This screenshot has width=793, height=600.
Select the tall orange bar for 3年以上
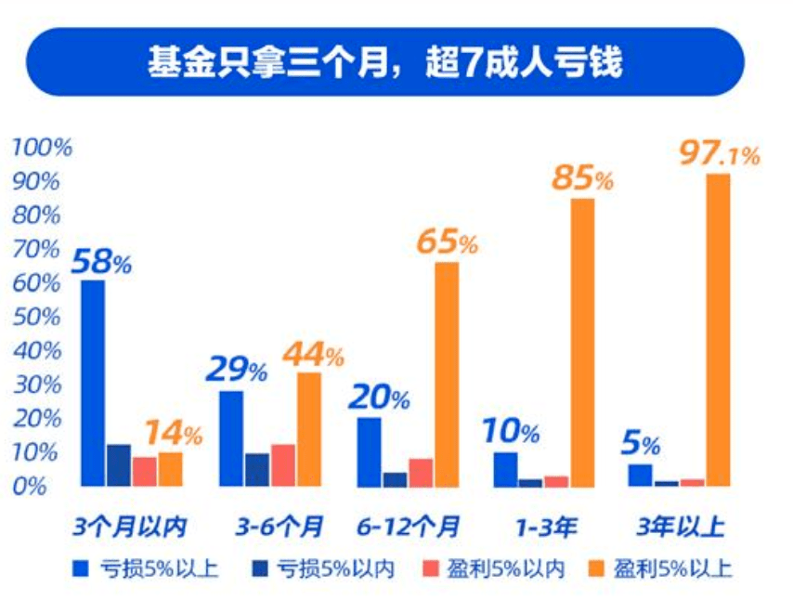tap(718, 330)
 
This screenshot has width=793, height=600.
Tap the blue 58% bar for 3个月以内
tap(93, 383)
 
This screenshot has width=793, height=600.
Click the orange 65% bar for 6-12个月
tap(447, 374)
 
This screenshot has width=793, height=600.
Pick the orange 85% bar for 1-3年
tap(582, 342)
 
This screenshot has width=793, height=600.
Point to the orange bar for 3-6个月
tap(309, 429)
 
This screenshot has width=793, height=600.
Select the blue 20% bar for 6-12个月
tap(370, 451)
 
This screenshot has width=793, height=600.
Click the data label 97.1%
tap(718, 153)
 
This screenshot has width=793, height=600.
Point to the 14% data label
tap(172, 433)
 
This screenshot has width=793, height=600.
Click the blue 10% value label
tap(510, 431)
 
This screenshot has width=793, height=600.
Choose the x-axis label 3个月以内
tap(131, 528)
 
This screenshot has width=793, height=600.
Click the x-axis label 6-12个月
tap(409, 528)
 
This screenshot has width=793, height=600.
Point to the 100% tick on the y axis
tap(40, 148)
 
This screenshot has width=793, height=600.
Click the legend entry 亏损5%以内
tap(323, 568)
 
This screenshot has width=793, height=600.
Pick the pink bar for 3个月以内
tap(145, 471)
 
